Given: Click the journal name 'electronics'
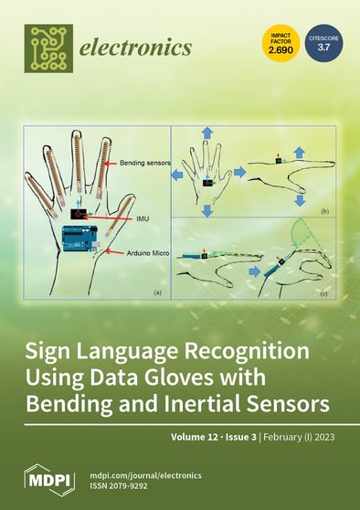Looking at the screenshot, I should pos(137,46).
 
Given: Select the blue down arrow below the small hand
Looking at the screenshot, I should pos(207,211).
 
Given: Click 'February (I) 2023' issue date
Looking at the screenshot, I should pos(301,437).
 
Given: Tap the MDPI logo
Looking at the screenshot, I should pos(48,479).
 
